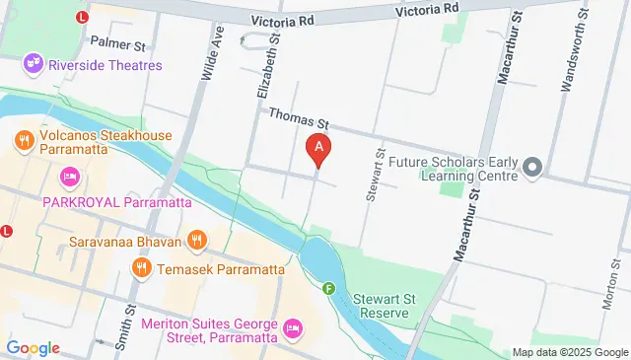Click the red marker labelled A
318,150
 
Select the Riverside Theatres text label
102,66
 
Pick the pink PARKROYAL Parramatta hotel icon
68,178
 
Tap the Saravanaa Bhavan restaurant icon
197,240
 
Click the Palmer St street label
117,44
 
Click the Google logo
33,347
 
